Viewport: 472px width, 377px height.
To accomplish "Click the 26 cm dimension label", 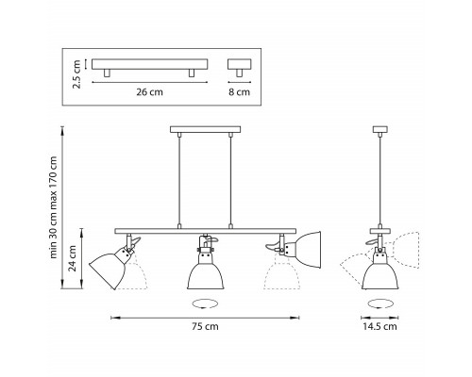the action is (x=149, y=92).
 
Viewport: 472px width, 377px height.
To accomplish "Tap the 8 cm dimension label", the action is (x=239, y=92).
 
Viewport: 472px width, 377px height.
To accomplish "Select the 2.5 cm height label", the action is (x=76, y=74).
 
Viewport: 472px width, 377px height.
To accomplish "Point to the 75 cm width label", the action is (x=205, y=326).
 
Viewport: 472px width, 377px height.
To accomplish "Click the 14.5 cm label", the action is (x=379, y=326).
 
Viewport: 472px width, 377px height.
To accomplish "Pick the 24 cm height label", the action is (x=73, y=258).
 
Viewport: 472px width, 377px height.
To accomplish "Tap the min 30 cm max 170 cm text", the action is (x=54, y=207).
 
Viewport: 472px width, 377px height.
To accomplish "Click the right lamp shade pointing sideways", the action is (x=308, y=251).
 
